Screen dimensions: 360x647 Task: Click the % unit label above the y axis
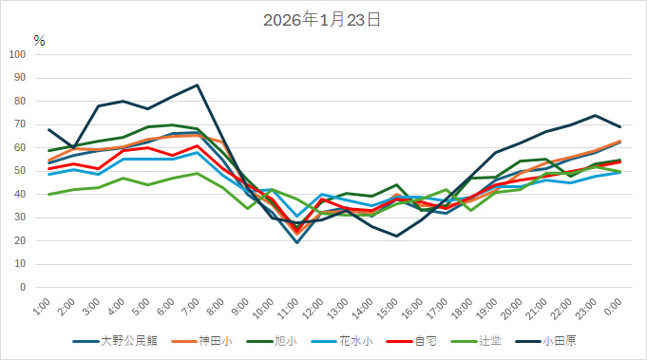[x=39, y=40]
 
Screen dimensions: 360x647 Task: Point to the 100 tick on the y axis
[x=17, y=54]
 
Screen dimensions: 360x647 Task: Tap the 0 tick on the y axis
[x=23, y=287]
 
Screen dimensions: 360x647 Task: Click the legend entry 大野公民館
[x=124, y=339]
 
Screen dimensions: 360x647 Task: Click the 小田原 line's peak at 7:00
[x=198, y=85]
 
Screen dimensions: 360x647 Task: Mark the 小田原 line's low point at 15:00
[x=396, y=236]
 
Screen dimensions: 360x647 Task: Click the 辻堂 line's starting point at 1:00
[x=48, y=194]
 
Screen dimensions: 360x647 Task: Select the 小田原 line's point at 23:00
[x=595, y=115]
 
